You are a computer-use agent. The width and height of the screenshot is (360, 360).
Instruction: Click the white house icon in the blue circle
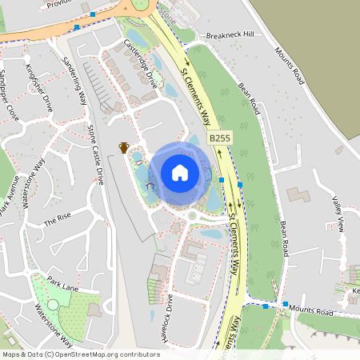pos(180,172)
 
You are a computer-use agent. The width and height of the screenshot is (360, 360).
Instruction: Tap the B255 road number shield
pos(221,139)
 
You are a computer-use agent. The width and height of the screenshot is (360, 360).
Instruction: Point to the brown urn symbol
pos(124,147)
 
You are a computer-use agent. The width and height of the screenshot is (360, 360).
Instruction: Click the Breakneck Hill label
pos(229,35)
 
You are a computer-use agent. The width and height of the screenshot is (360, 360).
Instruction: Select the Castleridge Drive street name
pos(141,62)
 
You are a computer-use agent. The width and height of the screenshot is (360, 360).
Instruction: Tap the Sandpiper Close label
pos(9,92)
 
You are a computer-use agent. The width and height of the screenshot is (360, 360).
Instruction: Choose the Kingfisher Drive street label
pos(38,81)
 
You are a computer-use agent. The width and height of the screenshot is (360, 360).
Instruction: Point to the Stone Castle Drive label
pos(95,154)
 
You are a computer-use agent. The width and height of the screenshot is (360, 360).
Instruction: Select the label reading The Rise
pos(58,219)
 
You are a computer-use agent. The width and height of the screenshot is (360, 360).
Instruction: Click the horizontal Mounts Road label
pos(310,309)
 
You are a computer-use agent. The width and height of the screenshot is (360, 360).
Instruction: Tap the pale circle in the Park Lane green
pos(53,304)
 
